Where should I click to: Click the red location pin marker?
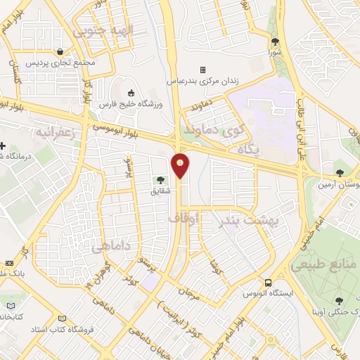pyautogui.click(x=181, y=165)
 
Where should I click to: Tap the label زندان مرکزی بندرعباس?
pyautogui.click(x=202, y=81)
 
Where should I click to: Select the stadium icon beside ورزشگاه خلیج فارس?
pyautogui.click(x=131, y=94)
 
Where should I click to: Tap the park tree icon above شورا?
pyautogui.click(x=276, y=41)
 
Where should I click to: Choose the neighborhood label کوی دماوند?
pyautogui.click(x=213, y=130)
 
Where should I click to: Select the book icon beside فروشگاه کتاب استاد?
pyautogui.click(x=64, y=318)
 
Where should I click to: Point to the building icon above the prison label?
pyautogui.click(x=202, y=70)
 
